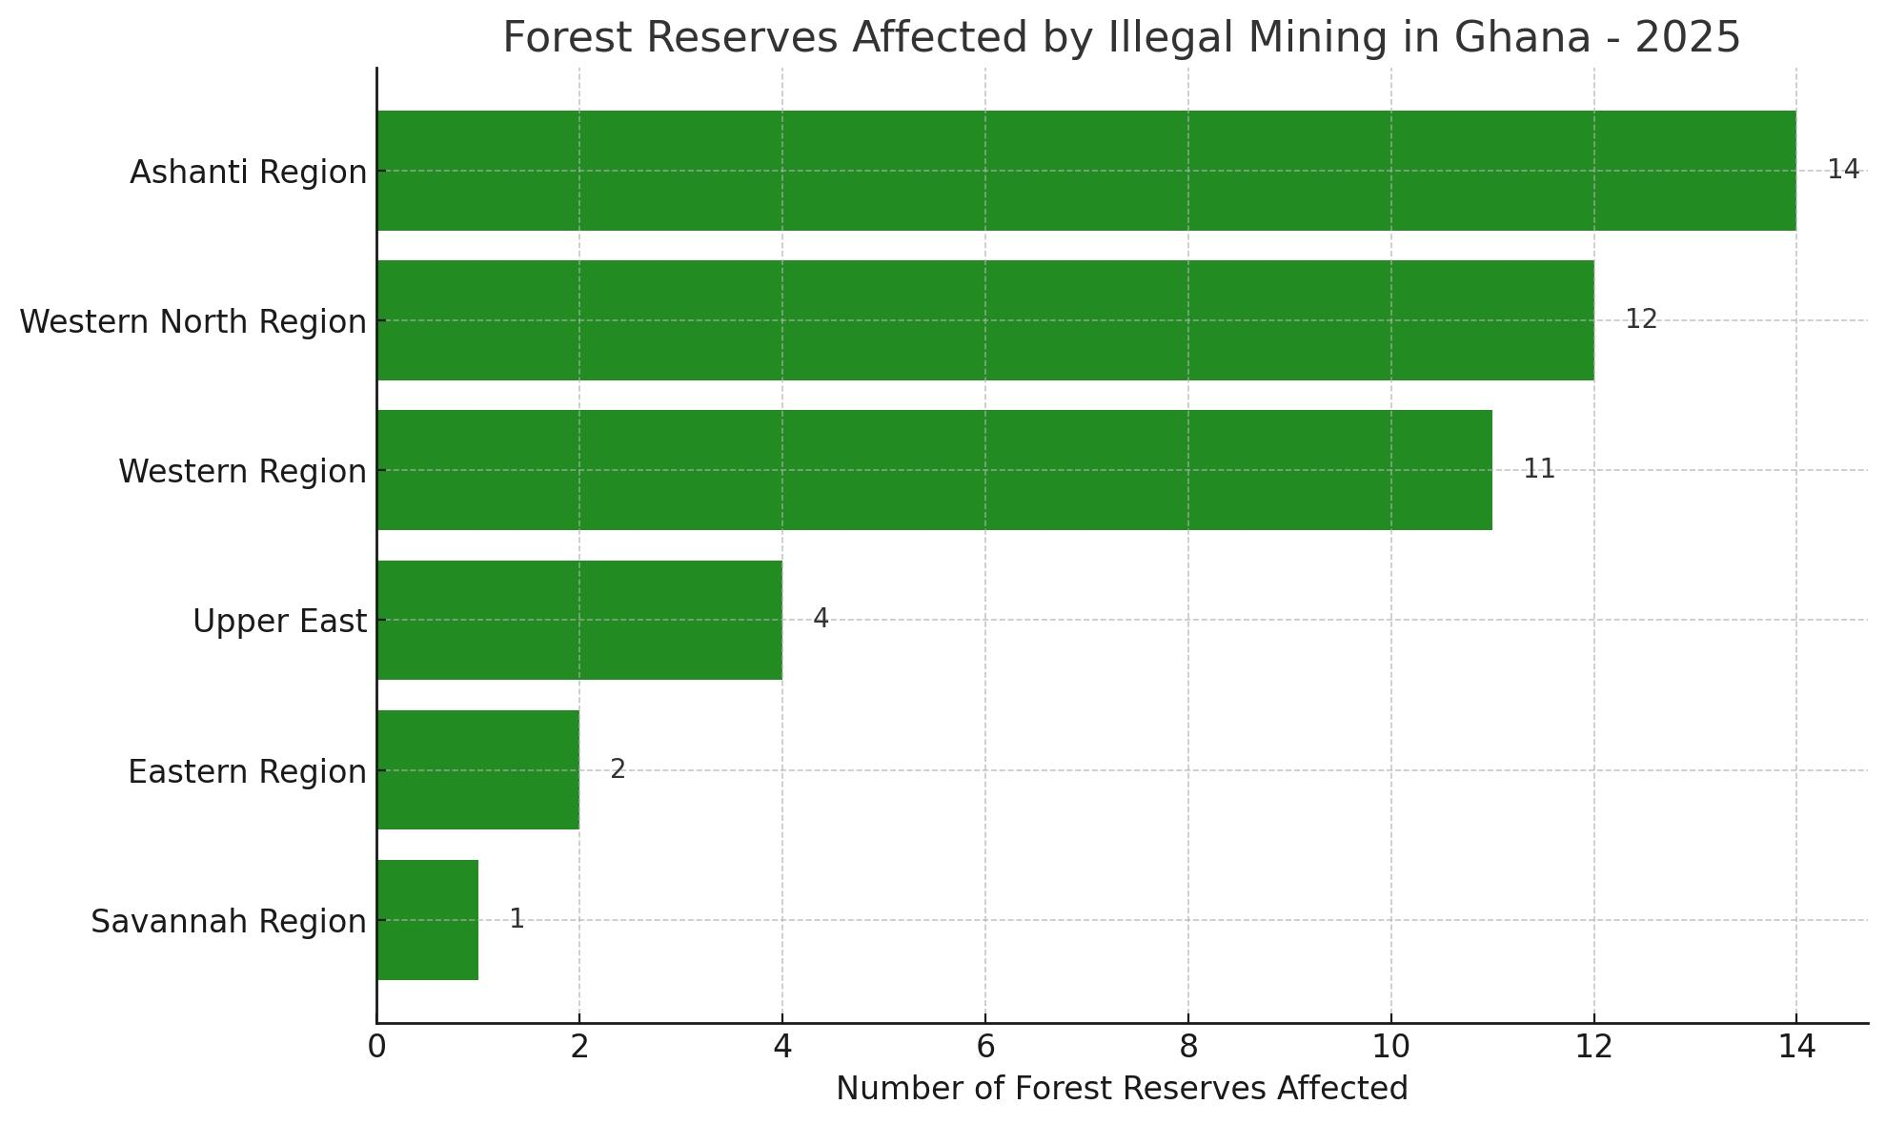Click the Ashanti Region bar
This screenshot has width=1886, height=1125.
click(x=1085, y=171)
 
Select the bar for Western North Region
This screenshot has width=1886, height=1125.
click(x=984, y=320)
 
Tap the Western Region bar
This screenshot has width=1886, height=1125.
click(x=934, y=470)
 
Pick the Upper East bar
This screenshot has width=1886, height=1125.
click(x=579, y=620)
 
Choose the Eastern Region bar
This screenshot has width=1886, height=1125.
click(x=477, y=769)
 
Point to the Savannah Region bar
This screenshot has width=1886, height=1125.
click(x=427, y=919)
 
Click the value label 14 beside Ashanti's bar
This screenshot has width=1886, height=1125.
click(x=1842, y=170)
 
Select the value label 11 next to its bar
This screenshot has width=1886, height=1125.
click(x=1538, y=469)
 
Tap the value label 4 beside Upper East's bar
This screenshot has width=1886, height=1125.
click(x=821, y=619)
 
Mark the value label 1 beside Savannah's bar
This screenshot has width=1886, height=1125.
click(x=517, y=919)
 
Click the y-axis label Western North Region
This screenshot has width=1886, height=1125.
click(x=193, y=322)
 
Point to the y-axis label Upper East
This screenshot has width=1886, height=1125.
click(x=279, y=622)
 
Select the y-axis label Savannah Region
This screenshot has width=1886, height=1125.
click(x=229, y=922)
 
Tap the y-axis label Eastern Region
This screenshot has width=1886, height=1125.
click(x=247, y=771)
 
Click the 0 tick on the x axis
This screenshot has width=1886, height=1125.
click(x=376, y=1047)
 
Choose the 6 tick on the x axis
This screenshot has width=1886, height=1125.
click(x=985, y=1047)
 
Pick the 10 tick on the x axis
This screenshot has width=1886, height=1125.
click(x=1390, y=1047)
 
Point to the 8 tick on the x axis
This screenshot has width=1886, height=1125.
click(x=1188, y=1047)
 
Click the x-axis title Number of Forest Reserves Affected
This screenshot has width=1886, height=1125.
click(x=1122, y=1089)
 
